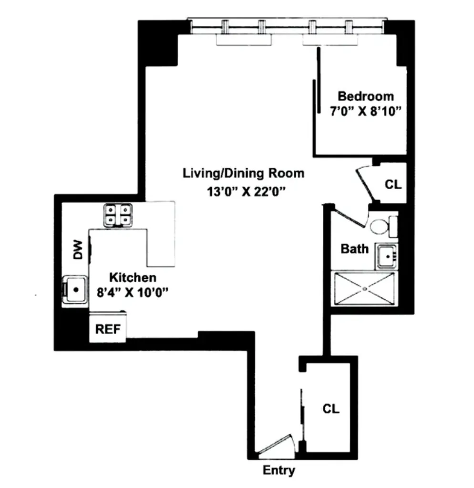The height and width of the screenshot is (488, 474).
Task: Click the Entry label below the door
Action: [279, 470]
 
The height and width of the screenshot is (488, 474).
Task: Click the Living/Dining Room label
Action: [243, 173]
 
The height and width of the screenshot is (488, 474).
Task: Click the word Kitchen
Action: [133, 277]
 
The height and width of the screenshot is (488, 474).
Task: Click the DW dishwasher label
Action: [78, 249]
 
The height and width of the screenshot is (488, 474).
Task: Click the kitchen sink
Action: [75, 289]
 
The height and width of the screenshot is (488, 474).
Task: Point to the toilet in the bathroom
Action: [381, 226]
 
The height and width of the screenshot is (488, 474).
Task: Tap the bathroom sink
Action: [387, 256]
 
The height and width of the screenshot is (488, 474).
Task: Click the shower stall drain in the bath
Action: [365, 289]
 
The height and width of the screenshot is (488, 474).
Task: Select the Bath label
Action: [354, 249]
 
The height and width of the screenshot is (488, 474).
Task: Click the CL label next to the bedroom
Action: [393, 185]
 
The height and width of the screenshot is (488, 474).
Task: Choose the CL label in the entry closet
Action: [331, 409]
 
